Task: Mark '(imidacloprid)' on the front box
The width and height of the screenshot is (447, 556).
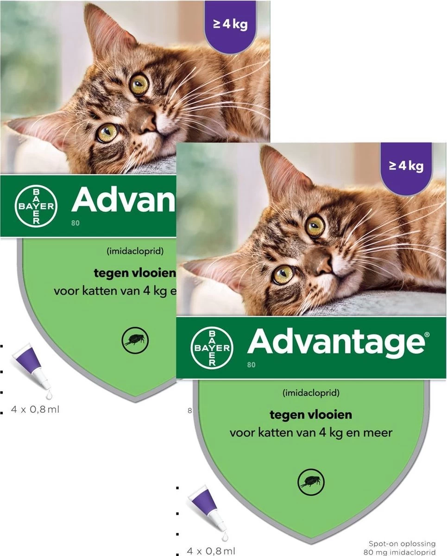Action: coord(310,393)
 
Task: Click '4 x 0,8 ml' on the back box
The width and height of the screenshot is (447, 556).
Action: coord(36,409)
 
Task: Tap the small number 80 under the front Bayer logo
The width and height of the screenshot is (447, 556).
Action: coord(251,365)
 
